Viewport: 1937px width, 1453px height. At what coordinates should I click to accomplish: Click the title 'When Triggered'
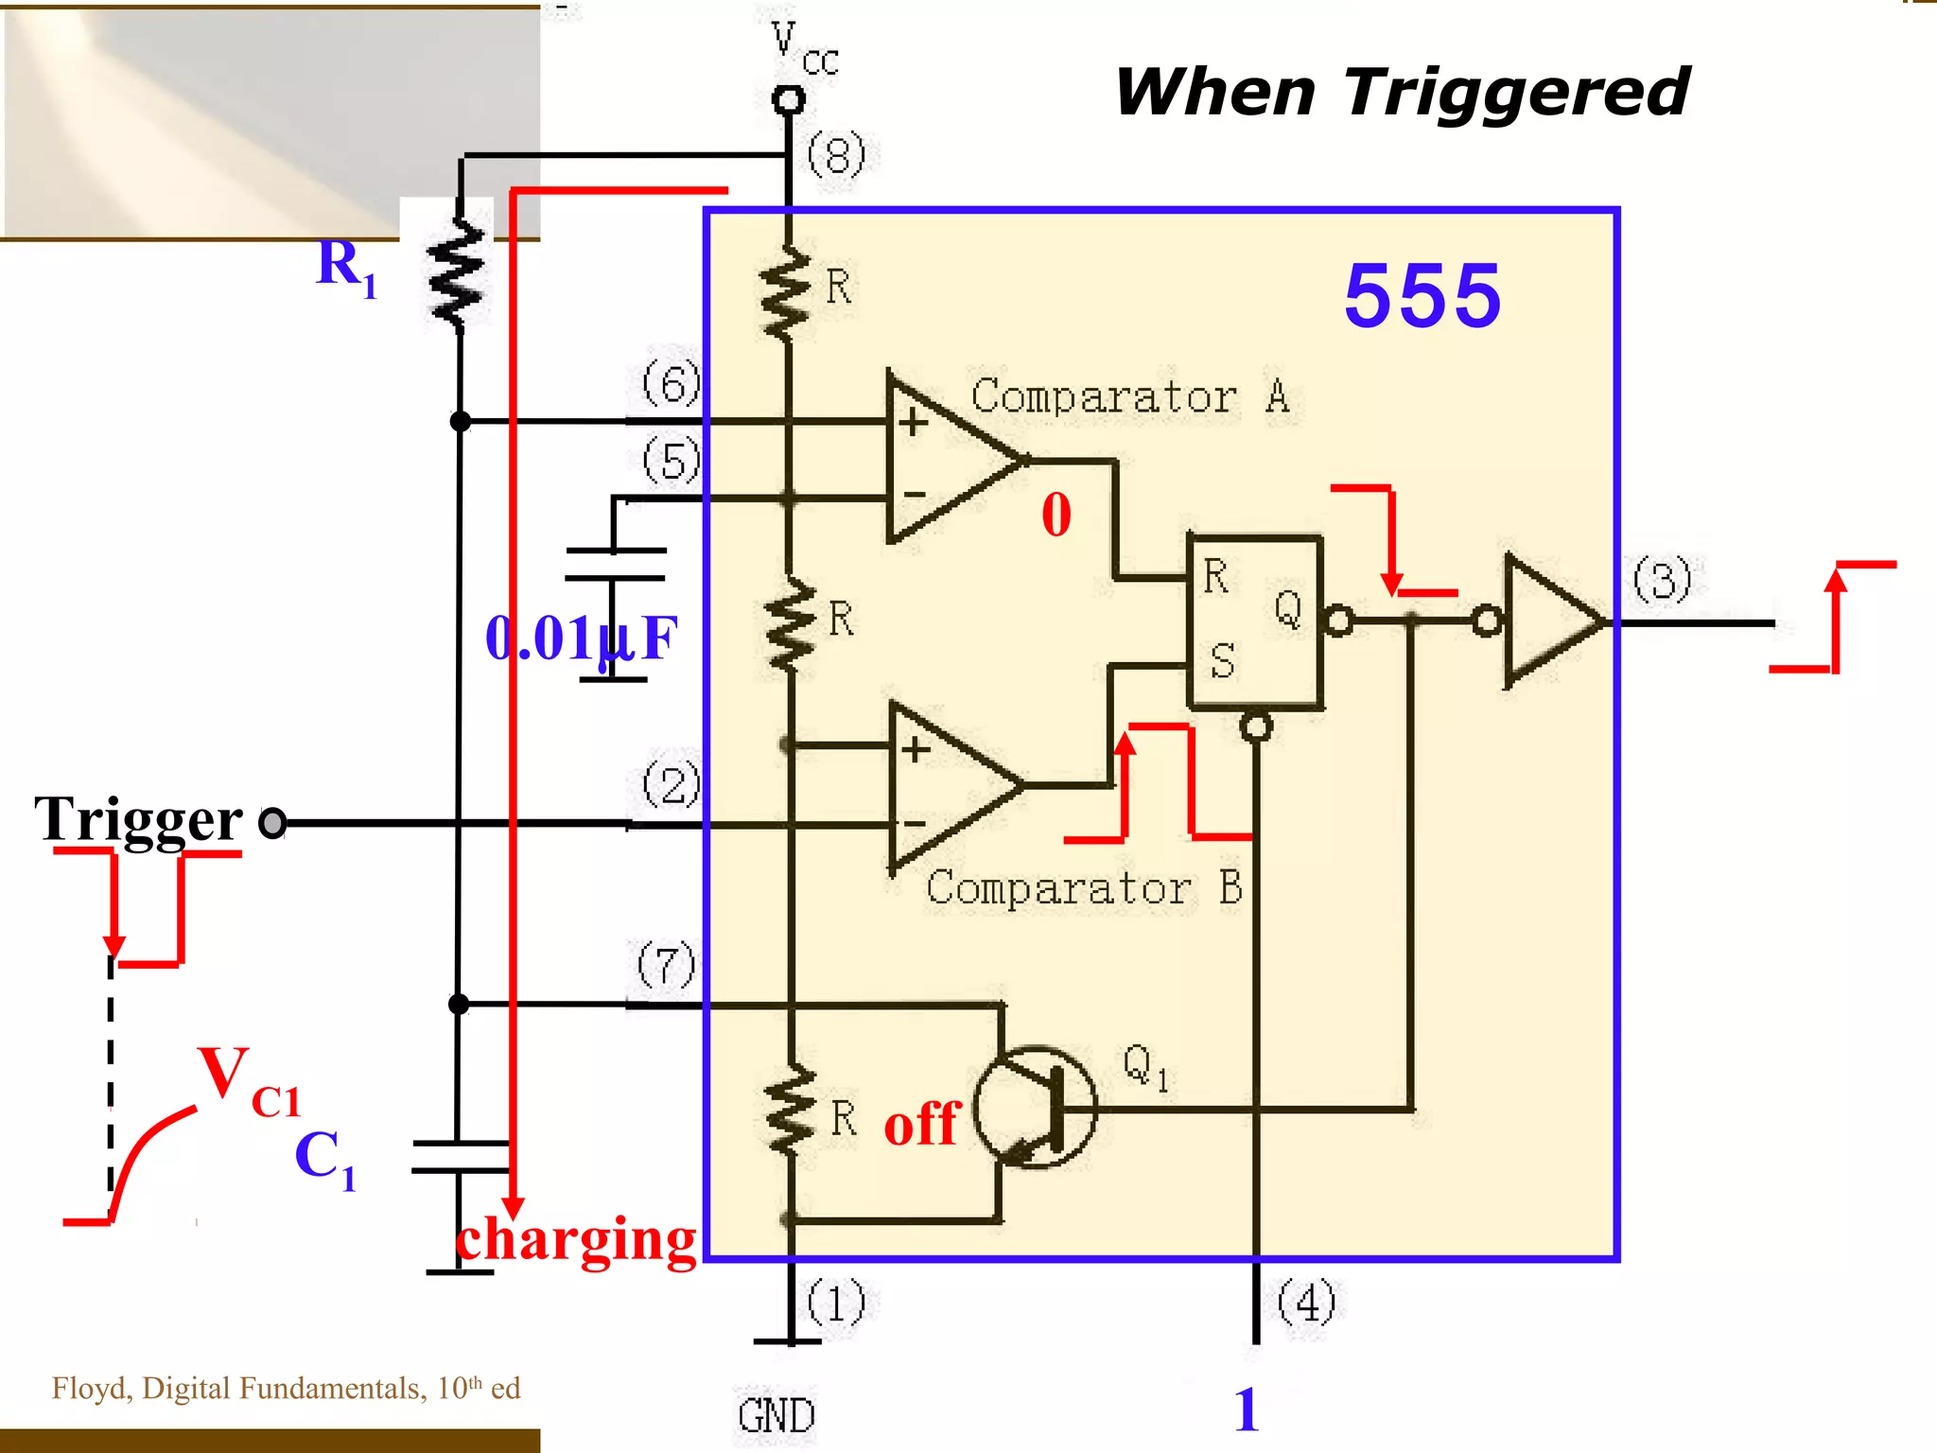pyautogui.click(x=1402, y=93)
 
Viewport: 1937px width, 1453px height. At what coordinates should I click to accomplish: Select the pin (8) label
pyautogui.click(x=836, y=155)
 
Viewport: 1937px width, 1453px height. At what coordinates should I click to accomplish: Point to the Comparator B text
pyautogui.click(x=1084, y=888)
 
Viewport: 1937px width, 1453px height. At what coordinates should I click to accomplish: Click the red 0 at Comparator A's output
pyautogui.click(x=1056, y=516)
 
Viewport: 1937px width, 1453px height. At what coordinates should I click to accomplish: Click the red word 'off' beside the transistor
pyautogui.click(x=921, y=1124)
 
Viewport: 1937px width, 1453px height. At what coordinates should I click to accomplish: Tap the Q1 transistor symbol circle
pyautogui.click(x=1035, y=1107)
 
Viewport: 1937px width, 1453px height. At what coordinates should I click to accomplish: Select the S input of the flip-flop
pyautogui.click(x=1221, y=660)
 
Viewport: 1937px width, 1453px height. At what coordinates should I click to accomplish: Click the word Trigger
pyautogui.click(x=139, y=819)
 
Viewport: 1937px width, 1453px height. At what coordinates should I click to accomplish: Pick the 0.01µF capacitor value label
pyautogui.click(x=581, y=638)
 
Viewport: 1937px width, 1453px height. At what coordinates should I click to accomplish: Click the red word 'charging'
pyautogui.click(x=576, y=1239)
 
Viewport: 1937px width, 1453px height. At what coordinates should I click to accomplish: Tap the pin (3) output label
pyautogui.click(x=1662, y=580)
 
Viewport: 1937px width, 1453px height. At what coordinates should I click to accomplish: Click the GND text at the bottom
pyautogui.click(x=776, y=1416)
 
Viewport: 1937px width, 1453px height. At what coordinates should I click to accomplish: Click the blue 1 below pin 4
pyautogui.click(x=1247, y=1409)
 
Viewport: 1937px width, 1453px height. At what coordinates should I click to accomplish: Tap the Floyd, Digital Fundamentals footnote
pyautogui.click(x=286, y=1389)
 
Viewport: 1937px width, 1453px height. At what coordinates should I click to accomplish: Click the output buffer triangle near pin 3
pyautogui.click(x=1549, y=621)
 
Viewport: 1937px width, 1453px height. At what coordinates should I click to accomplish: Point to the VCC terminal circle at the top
pyautogui.click(x=788, y=99)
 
